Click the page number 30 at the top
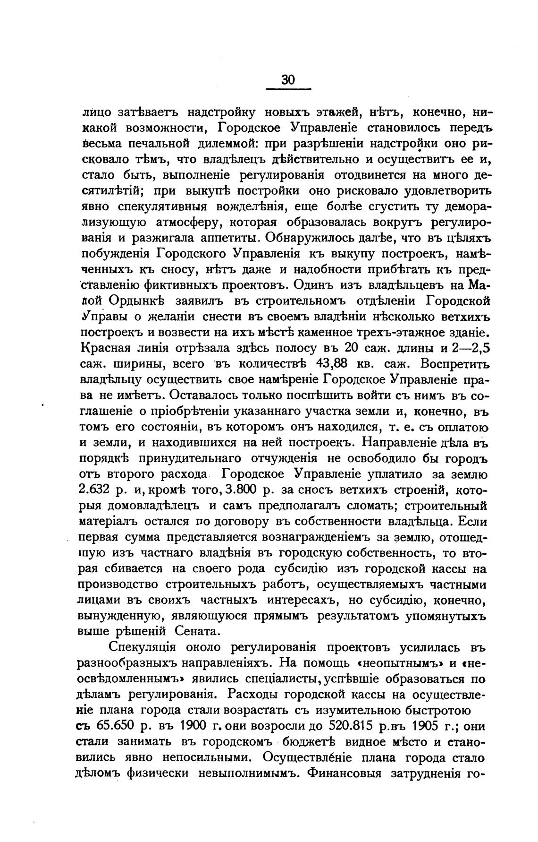coord(288,80)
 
